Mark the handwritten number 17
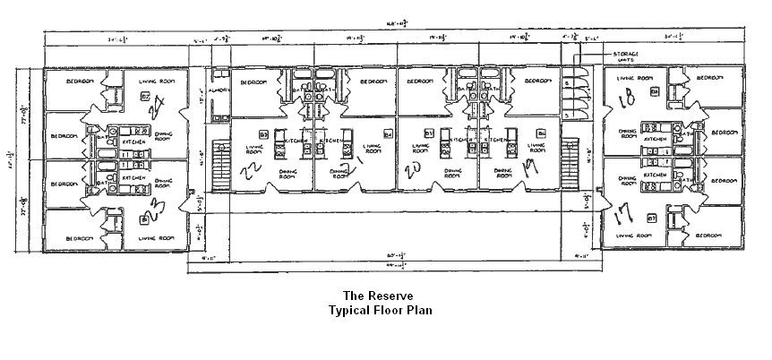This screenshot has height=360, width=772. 626,214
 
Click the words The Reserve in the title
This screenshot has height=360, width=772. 379,295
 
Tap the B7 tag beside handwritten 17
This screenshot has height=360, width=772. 652,219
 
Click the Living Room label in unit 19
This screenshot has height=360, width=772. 538,148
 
